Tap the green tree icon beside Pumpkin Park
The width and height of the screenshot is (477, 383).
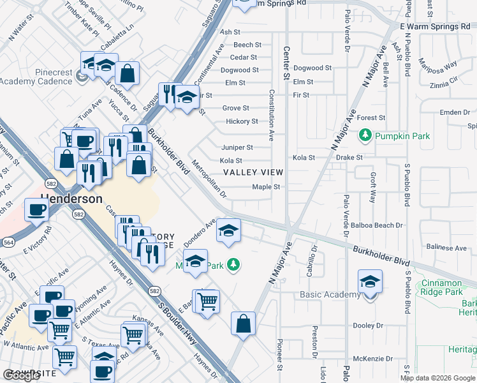(x=365, y=135)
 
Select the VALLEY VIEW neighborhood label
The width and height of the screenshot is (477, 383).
(x=253, y=173)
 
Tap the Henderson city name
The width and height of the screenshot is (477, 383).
(x=71, y=199)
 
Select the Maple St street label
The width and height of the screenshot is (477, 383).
(x=266, y=187)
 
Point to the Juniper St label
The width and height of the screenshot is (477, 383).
(x=237, y=147)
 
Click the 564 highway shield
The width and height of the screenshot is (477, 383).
(x=9, y=242)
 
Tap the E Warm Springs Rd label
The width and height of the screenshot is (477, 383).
(x=434, y=26)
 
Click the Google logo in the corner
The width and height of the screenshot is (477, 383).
(x=21, y=375)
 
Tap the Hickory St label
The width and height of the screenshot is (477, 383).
(x=242, y=121)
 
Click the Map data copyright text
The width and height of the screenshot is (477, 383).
(x=437, y=378)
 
